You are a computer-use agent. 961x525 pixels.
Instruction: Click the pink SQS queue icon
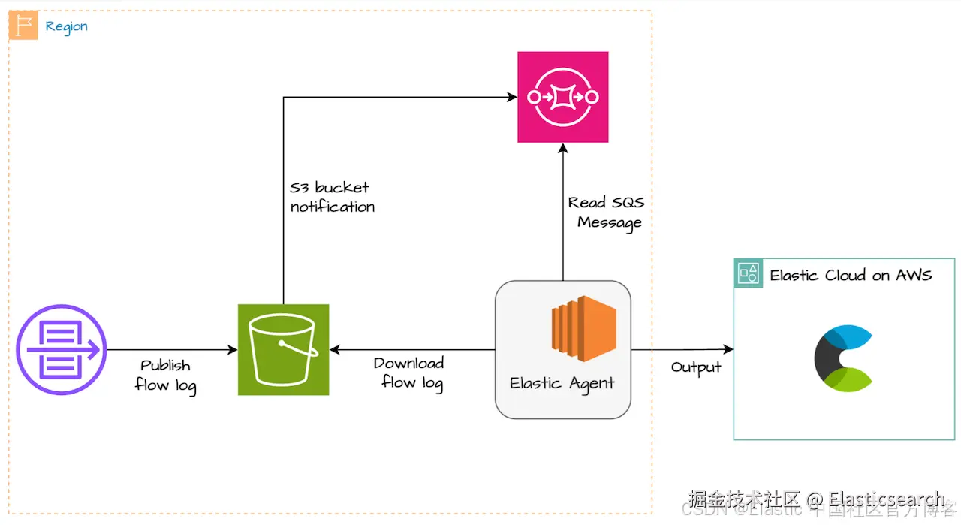click(562, 97)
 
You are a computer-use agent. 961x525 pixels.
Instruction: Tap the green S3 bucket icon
click(283, 349)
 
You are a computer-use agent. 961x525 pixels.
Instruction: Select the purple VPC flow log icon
click(62, 350)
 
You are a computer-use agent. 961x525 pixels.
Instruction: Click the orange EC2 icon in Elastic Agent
click(583, 324)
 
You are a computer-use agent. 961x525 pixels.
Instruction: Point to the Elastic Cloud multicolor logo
click(842, 359)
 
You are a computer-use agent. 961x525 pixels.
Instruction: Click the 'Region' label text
click(66, 26)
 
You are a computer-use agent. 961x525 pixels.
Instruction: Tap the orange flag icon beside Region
click(23, 26)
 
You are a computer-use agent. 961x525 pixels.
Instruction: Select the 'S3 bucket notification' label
click(332, 197)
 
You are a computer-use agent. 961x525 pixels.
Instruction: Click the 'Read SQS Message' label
click(607, 213)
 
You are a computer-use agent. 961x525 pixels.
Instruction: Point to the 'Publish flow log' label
click(166, 376)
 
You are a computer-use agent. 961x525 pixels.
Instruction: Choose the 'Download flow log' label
click(410, 373)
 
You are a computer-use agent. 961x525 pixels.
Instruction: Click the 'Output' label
click(696, 367)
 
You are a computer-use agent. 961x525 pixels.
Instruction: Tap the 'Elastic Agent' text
click(562, 383)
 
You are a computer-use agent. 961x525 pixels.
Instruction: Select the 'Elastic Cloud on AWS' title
click(851, 275)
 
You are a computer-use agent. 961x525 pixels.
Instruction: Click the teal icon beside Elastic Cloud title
click(748, 273)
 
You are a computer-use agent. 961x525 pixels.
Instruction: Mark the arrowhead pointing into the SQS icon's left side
click(513, 97)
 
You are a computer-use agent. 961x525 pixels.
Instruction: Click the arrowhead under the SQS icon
click(562, 148)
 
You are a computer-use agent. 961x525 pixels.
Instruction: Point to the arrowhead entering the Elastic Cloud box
click(728, 349)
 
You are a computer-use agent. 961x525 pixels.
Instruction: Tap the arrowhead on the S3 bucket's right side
click(335, 350)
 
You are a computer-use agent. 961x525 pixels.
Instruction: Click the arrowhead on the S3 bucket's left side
click(233, 350)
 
